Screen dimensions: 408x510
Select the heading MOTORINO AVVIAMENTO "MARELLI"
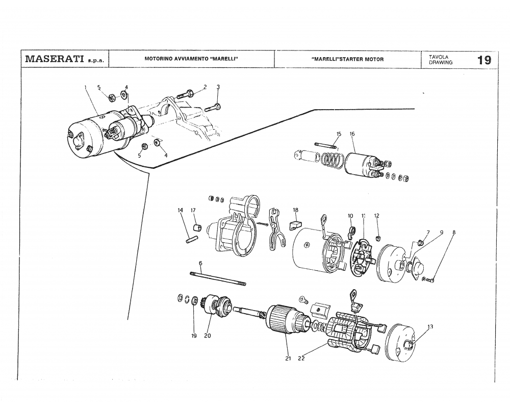pos(192,59)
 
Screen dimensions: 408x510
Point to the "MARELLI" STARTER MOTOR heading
pos(347,59)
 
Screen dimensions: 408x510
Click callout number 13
pos(430,326)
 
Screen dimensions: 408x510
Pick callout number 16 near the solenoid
pos(352,134)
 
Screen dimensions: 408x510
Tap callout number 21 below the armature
pos(288,359)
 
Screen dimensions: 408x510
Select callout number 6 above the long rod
pos(200,263)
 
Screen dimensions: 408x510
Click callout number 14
pos(180,210)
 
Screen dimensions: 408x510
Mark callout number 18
pos(295,210)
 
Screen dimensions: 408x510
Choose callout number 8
pos(454,232)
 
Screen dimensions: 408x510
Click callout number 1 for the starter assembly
pos(86,87)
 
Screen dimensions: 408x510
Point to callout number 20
pos(208,336)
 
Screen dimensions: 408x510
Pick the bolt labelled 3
pos(213,108)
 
